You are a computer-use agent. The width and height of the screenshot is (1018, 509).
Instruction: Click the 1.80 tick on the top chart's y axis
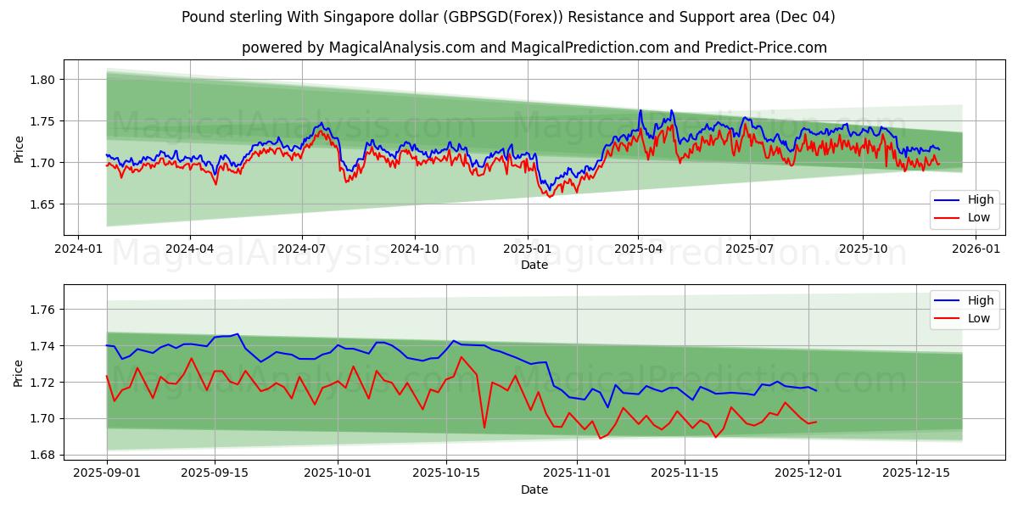point(42,80)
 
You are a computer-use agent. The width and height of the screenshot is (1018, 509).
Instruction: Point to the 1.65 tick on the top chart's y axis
point(42,204)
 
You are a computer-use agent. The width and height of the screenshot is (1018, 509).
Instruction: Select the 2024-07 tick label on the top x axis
point(302,249)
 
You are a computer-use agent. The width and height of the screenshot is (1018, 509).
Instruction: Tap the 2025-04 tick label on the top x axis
point(638,249)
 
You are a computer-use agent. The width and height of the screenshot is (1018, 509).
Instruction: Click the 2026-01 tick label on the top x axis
point(976,249)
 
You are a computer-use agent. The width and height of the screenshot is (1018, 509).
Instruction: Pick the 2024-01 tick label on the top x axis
point(78,249)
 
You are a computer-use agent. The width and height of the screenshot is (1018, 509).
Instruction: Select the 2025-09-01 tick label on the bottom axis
point(107,473)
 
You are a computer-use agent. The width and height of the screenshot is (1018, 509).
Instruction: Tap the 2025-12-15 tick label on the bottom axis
point(916,473)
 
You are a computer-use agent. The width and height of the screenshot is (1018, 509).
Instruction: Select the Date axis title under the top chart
point(534,265)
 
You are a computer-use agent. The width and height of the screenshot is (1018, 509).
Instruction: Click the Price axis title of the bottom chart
point(19,372)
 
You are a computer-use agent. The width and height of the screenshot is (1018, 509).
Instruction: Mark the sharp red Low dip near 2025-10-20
point(484,427)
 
